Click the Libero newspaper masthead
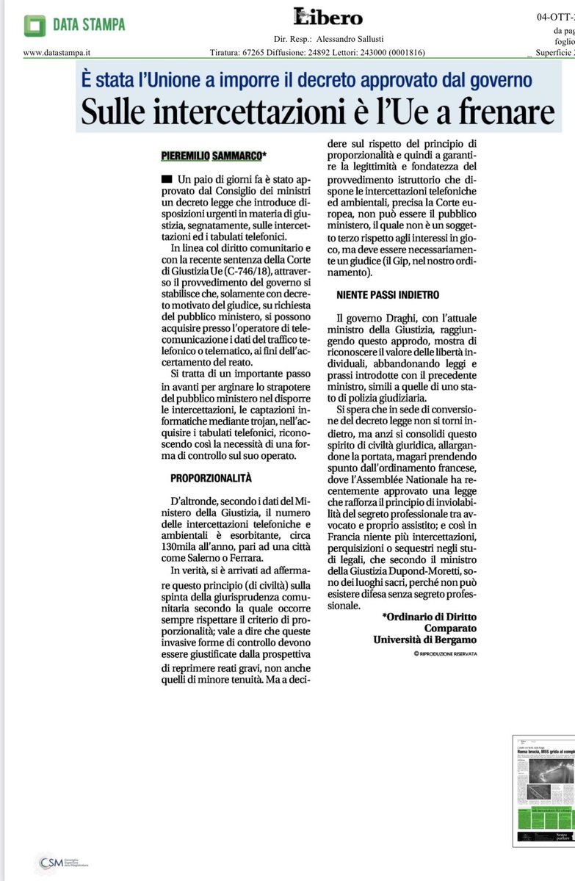[x=328, y=17]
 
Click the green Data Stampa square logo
[x=35, y=25]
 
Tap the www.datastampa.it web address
[x=52, y=52]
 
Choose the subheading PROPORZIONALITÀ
[x=211, y=478]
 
